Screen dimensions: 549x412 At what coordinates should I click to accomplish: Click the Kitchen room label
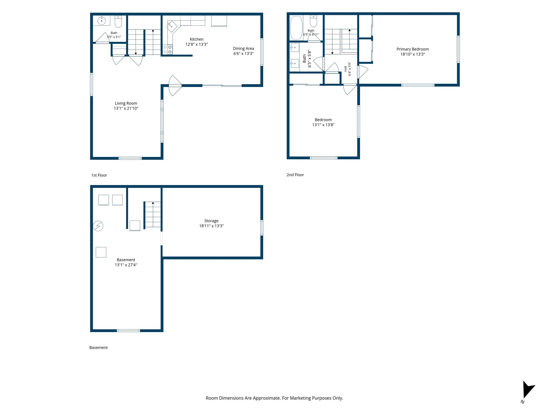[196, 39]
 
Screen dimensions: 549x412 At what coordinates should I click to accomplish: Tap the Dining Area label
[243, 49]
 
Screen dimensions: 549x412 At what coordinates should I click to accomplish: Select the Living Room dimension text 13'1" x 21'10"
[126, 108]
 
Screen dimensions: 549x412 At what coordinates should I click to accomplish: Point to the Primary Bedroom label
[413, 49]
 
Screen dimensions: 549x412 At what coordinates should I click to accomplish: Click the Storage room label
[211, 221]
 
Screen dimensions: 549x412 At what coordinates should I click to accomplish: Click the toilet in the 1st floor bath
[118, 21]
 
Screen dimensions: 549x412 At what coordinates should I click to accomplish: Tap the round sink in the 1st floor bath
[102, 21]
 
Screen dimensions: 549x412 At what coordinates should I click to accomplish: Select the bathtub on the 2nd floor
[296, 28]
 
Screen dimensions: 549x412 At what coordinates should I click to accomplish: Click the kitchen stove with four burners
[168, 49]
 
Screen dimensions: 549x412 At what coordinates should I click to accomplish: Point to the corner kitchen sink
[172, 27]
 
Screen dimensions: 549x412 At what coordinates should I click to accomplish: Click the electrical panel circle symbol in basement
[98, 226]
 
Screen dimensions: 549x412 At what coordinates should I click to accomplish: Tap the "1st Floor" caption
[99, 175]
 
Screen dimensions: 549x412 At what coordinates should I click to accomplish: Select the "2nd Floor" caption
[295, 175]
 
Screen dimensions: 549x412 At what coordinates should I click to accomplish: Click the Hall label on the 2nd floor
[346, 69]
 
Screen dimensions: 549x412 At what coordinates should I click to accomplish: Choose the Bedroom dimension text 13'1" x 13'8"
[323, 125]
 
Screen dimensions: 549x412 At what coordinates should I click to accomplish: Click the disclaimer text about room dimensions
[274, 398]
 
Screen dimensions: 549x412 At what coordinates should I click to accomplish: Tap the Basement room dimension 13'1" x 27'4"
[126, 265]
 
